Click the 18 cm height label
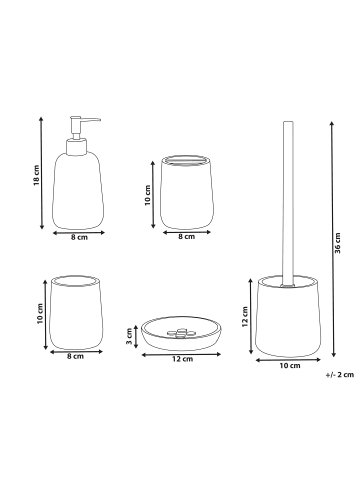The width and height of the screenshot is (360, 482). coord(37,175)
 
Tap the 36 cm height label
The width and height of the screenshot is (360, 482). coord(338,243)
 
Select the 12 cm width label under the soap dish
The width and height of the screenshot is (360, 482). coord(182,359)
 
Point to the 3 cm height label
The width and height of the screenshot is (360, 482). coord(129,336)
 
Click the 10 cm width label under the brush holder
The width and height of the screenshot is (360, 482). coord(290,366)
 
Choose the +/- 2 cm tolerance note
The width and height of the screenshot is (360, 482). coord(340,375)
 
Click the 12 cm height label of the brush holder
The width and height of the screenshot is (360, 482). coord(245,316)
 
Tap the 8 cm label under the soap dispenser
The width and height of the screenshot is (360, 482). coord(79,237)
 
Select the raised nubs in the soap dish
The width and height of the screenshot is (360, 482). coord(181,333)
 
